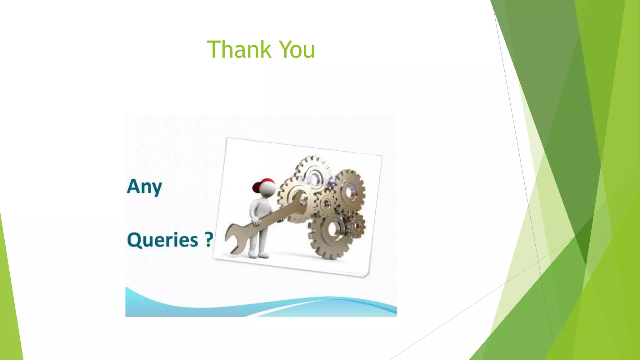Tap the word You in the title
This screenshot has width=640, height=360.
(297, 49)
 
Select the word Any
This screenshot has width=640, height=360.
(144, 187)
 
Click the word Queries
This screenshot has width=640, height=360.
(162, 240)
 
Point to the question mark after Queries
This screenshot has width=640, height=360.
(209, 239)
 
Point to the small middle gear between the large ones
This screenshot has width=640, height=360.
(327, 204)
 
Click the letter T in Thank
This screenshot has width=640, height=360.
(214, 49)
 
